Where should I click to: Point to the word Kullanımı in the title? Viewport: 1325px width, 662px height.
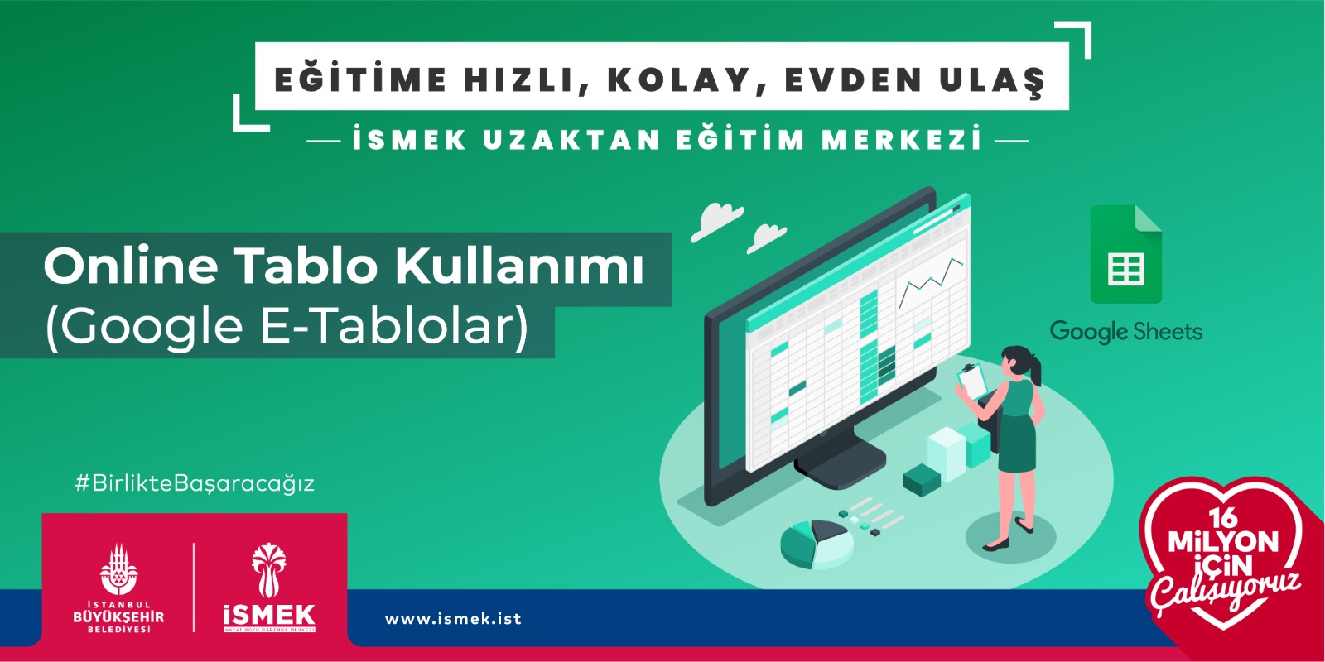click(x=519, y=266)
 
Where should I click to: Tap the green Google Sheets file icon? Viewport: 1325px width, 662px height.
click(x=1125, y=255)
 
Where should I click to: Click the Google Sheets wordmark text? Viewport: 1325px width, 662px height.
click(x=1125, y=332)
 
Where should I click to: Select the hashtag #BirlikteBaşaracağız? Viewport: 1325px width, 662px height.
click(x=195, y=483)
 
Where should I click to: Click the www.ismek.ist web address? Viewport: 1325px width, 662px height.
click(x=453, y=619)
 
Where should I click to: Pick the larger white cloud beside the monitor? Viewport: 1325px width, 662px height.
click(x=716, y=220)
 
